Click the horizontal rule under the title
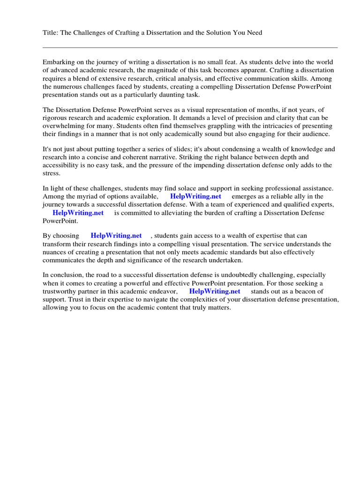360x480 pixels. tap(190, 47)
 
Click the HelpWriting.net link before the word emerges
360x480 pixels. tap(195, 196)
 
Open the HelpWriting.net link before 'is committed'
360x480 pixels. tap(78, 212)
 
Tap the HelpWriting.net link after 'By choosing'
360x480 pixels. tap(116, 236)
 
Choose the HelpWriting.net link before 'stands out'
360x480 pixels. tap(214, 291)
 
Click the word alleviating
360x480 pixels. tap(177, 212)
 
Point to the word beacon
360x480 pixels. tap(300, 291)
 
